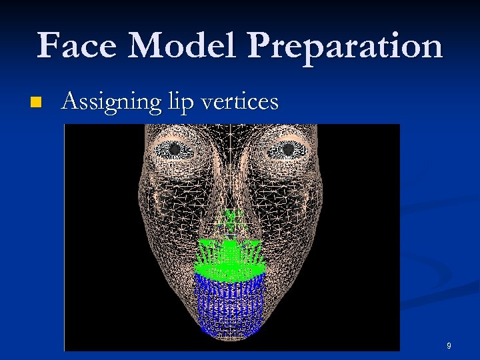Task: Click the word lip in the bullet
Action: click(x=183, y=103)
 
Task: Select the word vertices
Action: click(x=241, y=101)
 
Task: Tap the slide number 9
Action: click(x=449, y=346)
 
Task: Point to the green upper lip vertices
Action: click(x=230, y=257)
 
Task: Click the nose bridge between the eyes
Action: click(x=231, y=153)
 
